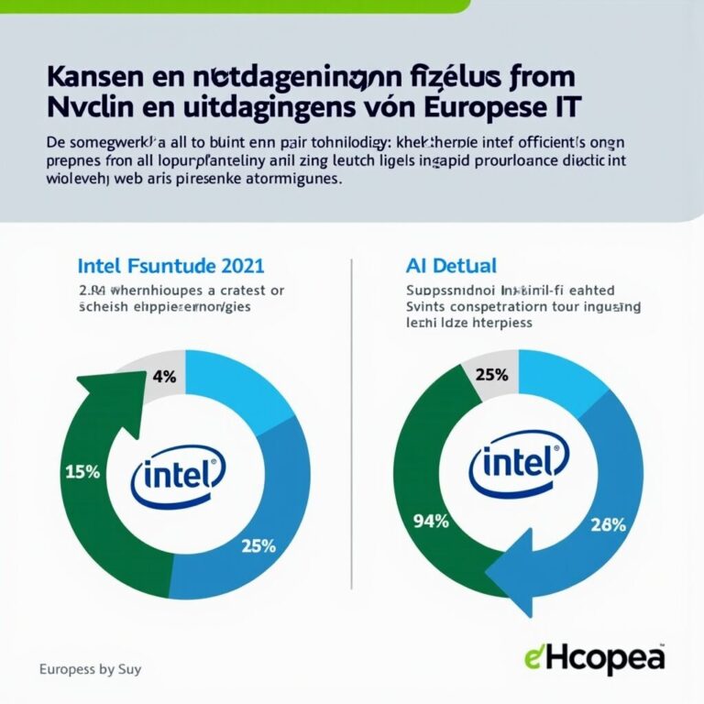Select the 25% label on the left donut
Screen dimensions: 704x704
point(258,545)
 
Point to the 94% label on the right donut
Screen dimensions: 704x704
point(431,522)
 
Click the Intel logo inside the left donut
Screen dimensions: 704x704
point(176,476)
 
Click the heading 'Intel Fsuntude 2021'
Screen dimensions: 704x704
point(170,267)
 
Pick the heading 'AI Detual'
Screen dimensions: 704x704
point(451,267)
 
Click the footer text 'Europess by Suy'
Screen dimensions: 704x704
point(90,669)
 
